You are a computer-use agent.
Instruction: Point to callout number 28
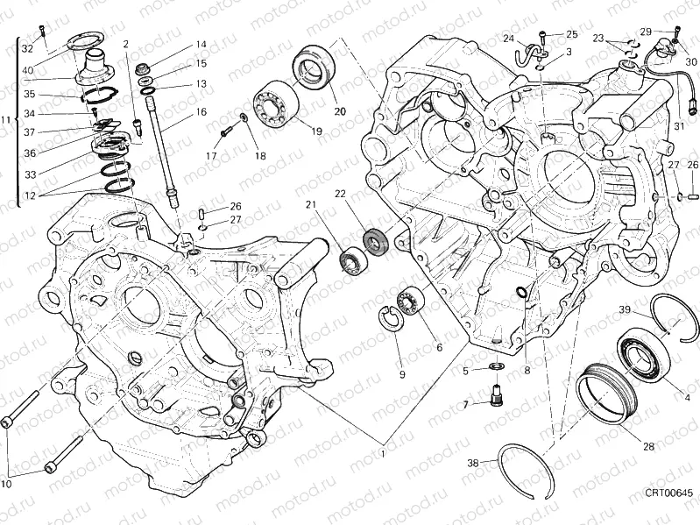648,446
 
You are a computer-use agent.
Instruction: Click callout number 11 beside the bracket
7,120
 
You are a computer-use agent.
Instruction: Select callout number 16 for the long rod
201,112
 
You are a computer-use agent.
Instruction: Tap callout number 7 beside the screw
468,404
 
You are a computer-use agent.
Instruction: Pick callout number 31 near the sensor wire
678,125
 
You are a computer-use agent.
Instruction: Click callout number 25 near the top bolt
571,34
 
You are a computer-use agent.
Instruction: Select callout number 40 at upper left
28,70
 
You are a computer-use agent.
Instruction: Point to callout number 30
692,62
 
